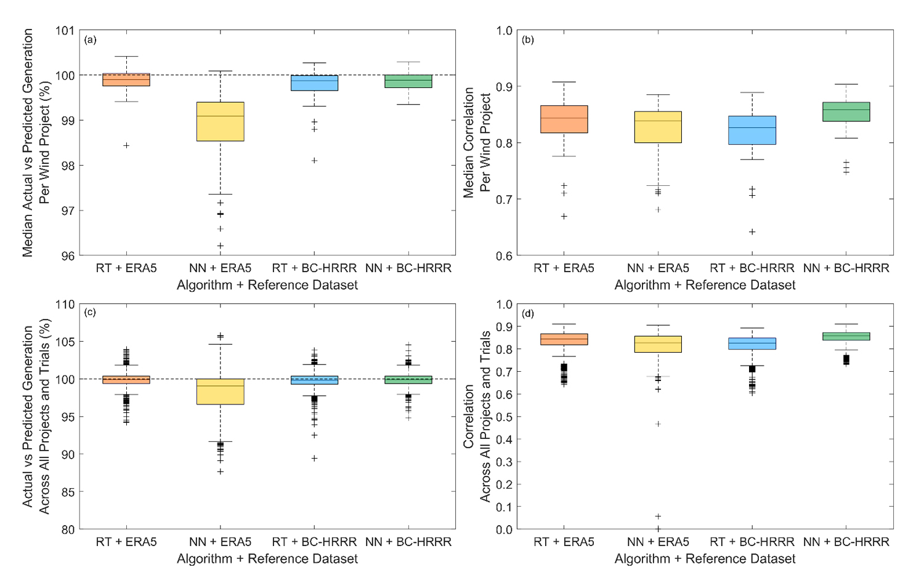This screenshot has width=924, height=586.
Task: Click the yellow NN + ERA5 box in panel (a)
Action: [220, 122]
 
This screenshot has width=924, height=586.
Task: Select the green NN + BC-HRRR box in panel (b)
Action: [846, 111]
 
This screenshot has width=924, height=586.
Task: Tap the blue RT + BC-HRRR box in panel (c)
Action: [314, 380]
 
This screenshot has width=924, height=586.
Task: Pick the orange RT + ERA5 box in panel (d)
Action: [564, 339]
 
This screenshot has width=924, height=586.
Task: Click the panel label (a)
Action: [91, 40]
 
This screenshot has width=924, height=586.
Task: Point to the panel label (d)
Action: [528, 314]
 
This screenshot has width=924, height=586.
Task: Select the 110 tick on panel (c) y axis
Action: [65, 304]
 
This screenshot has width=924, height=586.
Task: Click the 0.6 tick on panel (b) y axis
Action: [505, 256]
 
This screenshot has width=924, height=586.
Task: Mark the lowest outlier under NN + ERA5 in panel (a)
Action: [220, 246]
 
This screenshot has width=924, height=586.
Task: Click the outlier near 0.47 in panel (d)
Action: [658, 424]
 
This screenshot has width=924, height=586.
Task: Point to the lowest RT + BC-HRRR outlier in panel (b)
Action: [752, 232]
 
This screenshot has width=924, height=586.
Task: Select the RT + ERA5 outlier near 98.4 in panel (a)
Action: [126, 145]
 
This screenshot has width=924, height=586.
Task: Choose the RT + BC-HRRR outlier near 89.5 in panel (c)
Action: [314, 458]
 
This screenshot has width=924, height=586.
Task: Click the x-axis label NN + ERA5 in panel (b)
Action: [658, 268]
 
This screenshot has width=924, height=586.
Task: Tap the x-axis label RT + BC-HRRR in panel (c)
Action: [314, 542]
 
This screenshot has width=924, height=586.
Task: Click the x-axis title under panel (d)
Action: [705, 559]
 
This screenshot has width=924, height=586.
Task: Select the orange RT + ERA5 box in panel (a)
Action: [126, 79]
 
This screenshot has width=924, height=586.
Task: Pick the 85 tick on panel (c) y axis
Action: [68, 492]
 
